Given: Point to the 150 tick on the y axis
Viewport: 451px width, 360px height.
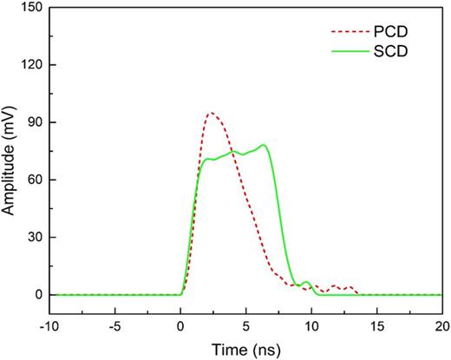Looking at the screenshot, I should [32, 8].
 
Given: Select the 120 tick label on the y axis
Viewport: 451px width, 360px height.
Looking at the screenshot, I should [32, 65].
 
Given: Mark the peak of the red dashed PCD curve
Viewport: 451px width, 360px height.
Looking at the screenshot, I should [211, 113].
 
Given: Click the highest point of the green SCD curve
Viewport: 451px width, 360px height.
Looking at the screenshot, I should [263, 145].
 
